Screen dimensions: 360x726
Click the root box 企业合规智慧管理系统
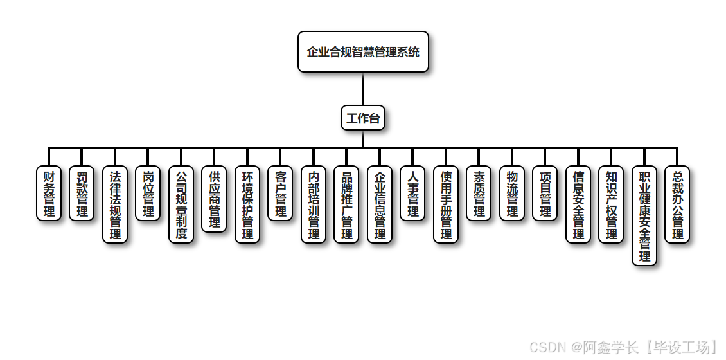tap(363, 52)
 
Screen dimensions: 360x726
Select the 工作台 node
tap(363, 118)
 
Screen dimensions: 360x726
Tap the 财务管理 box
tap(49, 194)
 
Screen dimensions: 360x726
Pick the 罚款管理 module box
tap(82, 194)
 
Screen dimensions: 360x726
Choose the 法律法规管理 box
tap(115, 204)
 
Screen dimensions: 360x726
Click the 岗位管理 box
tap(148, 194)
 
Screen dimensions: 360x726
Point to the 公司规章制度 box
tap(181, 204)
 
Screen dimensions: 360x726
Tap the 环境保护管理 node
tap(247, 204)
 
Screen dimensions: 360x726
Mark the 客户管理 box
tap(280, 194)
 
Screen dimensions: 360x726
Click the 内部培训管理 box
tap(314, 204)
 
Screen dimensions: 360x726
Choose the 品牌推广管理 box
tap(346, 204)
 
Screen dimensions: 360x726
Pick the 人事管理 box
tap(412, 194)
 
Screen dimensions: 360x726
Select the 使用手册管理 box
tap(446, 204)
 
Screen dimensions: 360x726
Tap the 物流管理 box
tap(512, 194)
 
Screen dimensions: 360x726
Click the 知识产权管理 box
tap(611, 204)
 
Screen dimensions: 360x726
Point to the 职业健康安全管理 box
tap(644, 215)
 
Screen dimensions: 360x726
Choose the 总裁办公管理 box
tap(677, 204)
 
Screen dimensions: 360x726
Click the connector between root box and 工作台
tap(363, 89)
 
